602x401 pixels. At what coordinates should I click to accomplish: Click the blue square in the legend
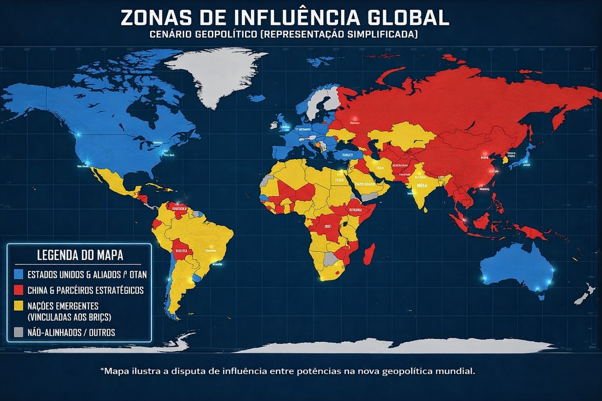[18, 274]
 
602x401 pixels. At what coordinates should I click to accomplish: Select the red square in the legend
[18, 290]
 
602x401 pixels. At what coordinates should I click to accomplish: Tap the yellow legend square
[18, 305]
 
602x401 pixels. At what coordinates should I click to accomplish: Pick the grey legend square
[18, 332]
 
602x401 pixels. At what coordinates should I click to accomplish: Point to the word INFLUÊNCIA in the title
[298, 18]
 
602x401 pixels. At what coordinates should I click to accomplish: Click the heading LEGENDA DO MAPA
[80, 255]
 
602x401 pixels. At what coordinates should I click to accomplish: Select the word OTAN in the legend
[138, 275]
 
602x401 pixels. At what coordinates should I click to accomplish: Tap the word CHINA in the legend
[38, 290]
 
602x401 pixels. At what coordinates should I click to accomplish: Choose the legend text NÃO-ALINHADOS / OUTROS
[71, 332]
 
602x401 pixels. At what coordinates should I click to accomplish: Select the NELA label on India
[422, 186]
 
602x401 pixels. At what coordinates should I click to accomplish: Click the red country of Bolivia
[181, 249]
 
